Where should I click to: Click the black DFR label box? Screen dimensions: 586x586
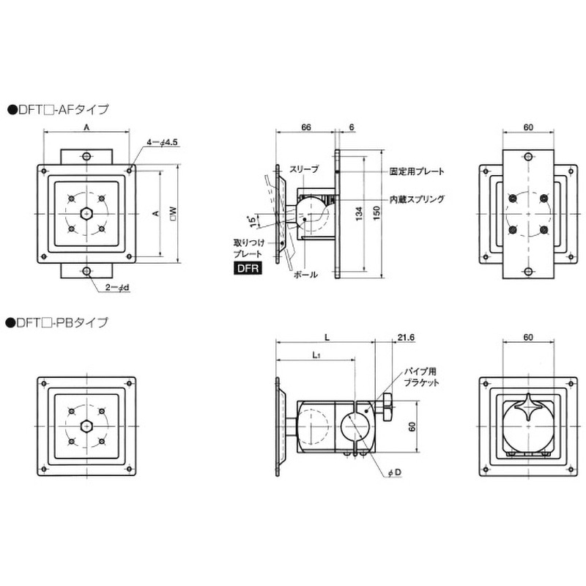tap(248, 268)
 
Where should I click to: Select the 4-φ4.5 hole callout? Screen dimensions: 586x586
tap(162, 142)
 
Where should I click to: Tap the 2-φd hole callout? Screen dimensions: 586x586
tap(117, 287)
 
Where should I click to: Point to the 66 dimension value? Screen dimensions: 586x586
tap(305, 127)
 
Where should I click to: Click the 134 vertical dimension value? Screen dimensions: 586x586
tap(359, 214)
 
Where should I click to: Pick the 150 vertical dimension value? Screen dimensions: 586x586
tap(377, 213)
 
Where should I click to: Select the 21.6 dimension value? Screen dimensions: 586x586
tap(406, 338)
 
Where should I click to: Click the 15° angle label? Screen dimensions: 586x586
tap(253, 221)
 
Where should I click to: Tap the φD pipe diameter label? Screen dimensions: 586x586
tap(394, 472)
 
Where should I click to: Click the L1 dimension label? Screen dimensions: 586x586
tap(316, 355)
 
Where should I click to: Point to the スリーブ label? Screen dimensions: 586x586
tap(305, 169)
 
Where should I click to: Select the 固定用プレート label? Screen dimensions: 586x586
tap(417, 171)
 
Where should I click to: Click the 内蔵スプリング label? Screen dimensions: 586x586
tap(417, 199)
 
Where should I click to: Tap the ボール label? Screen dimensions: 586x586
tap(305, 275)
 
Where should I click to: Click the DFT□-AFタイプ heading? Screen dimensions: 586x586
tap(59, 109)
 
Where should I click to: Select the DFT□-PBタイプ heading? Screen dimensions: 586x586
tap(58, 322)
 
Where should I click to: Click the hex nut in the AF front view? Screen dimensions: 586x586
tap(86, 213)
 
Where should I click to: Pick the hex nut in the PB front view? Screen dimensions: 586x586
tap(86, 426)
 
